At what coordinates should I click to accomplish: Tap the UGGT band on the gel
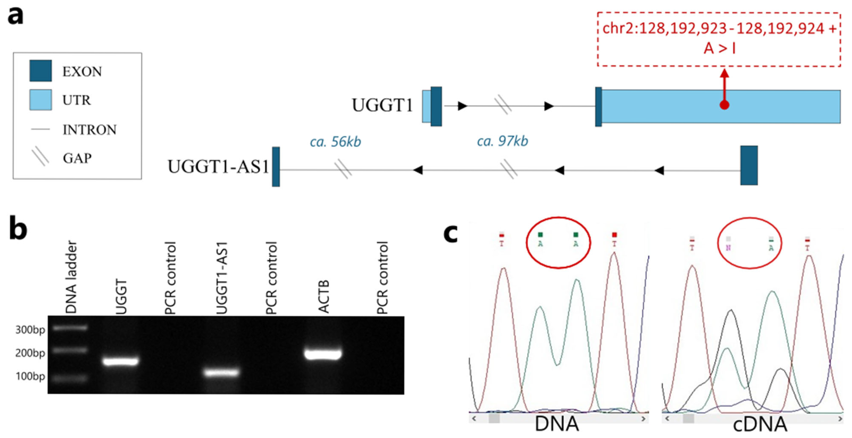point(120,361)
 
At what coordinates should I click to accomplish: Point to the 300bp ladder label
point(30,330)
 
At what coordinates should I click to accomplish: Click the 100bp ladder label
point(30,376)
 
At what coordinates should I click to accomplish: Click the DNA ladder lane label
point(71,277)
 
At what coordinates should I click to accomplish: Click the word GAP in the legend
point(77,158)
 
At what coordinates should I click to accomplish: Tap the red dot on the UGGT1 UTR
point(724,105)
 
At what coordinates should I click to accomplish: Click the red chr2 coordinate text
point(719,29)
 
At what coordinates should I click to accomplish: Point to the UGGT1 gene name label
point(382,105)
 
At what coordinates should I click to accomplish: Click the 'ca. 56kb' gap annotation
point(335,142)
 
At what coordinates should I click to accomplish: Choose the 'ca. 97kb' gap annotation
point(502,141)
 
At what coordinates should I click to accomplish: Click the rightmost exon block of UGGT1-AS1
point(749,165)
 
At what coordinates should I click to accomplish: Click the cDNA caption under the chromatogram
point(760,424)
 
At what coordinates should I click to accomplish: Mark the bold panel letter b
point(18,229)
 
